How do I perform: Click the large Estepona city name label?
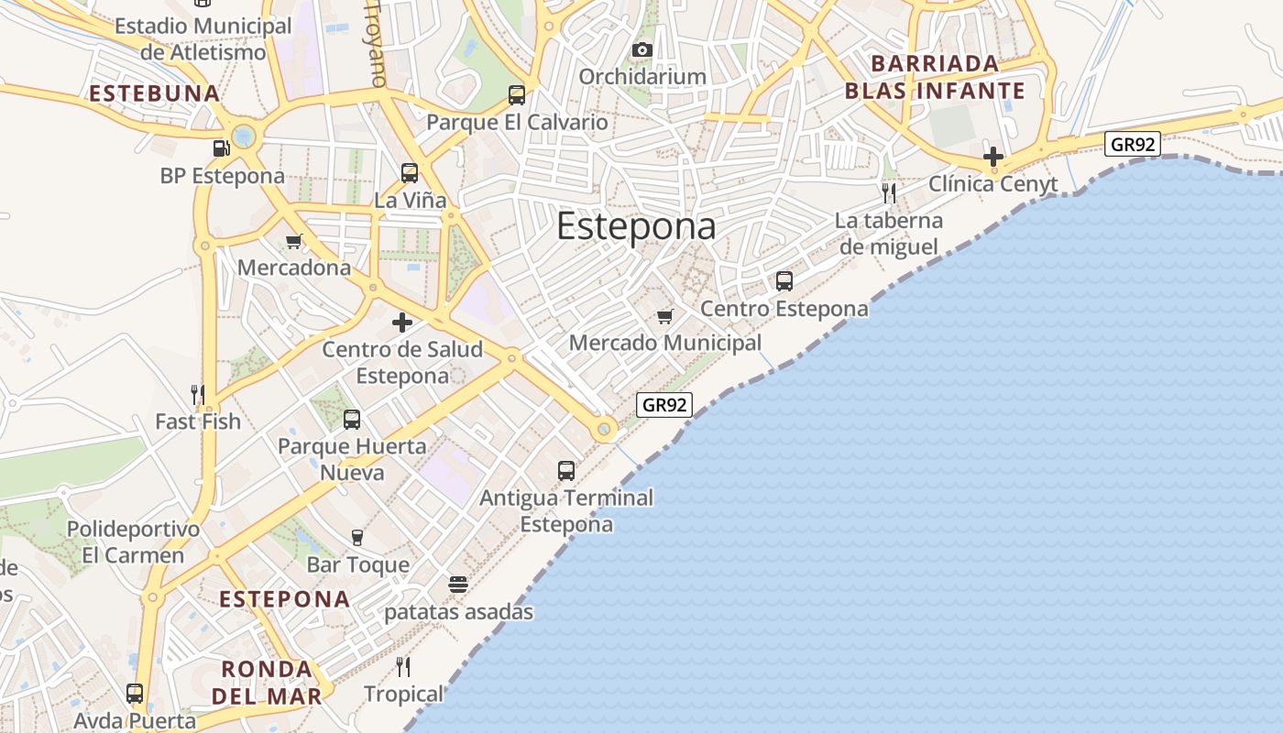(636, 226)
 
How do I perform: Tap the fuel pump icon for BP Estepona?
(221, 148)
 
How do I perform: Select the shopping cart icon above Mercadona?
(293, 242)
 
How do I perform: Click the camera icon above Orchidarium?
(642, 49)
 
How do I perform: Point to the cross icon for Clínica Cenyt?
(992, 157)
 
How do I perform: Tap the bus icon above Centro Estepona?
(784, 281)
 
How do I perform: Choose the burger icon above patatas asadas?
(458, 585)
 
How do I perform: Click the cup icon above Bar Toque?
(357, 538)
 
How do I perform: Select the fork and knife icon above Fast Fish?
(197, 395)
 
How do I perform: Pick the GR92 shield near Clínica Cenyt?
(1133, 144)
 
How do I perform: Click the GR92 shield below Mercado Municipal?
(664, 404)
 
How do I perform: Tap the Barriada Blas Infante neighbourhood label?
(935, 77)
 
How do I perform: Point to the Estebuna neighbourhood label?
(154, 93)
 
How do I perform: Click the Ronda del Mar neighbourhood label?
(267, 682)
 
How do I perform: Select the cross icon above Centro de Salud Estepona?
(402, 323)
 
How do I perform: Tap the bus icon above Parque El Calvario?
(517, 95)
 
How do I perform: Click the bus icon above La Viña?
(410, 172)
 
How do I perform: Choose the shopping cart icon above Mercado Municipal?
(665, 316)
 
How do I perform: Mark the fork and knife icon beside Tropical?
(402, 666)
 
